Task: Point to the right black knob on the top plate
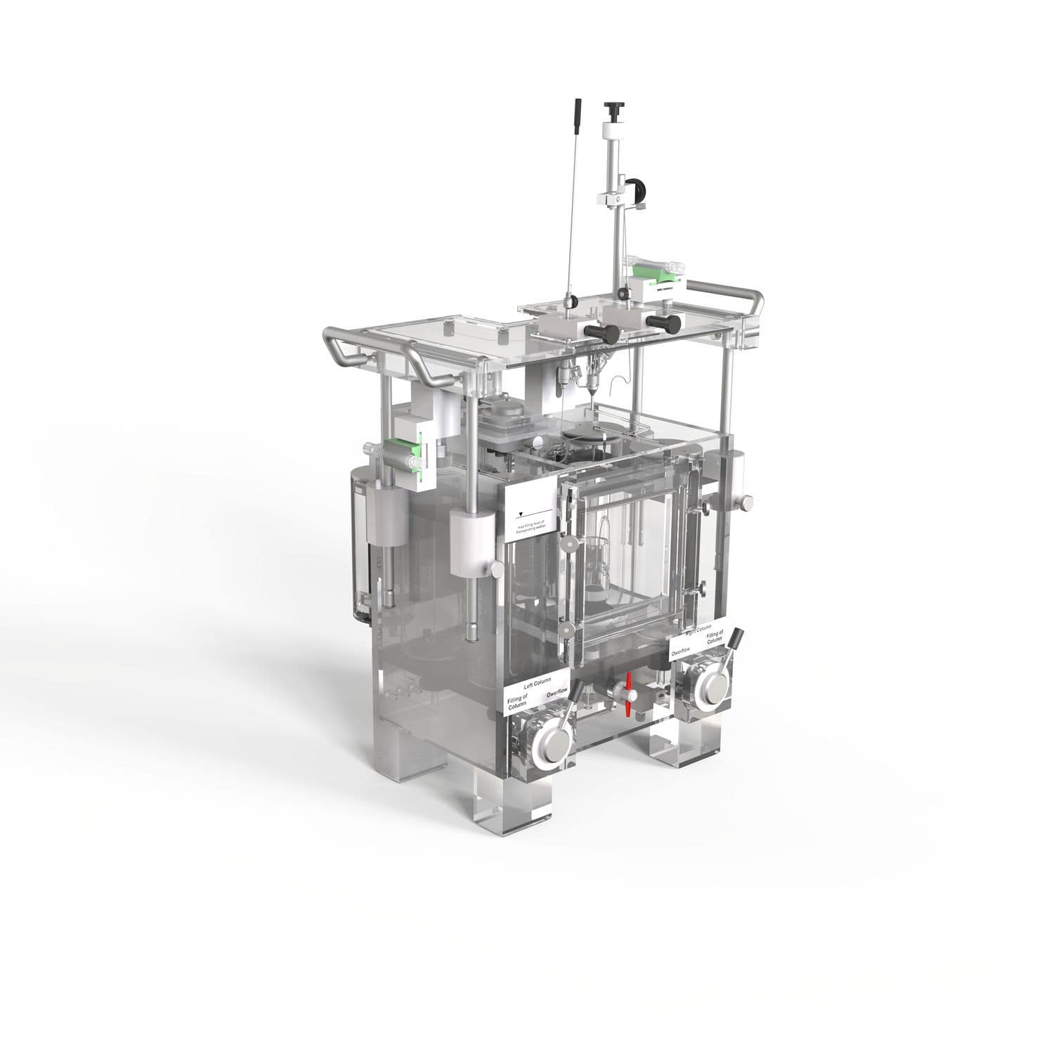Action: coord(665,323)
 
